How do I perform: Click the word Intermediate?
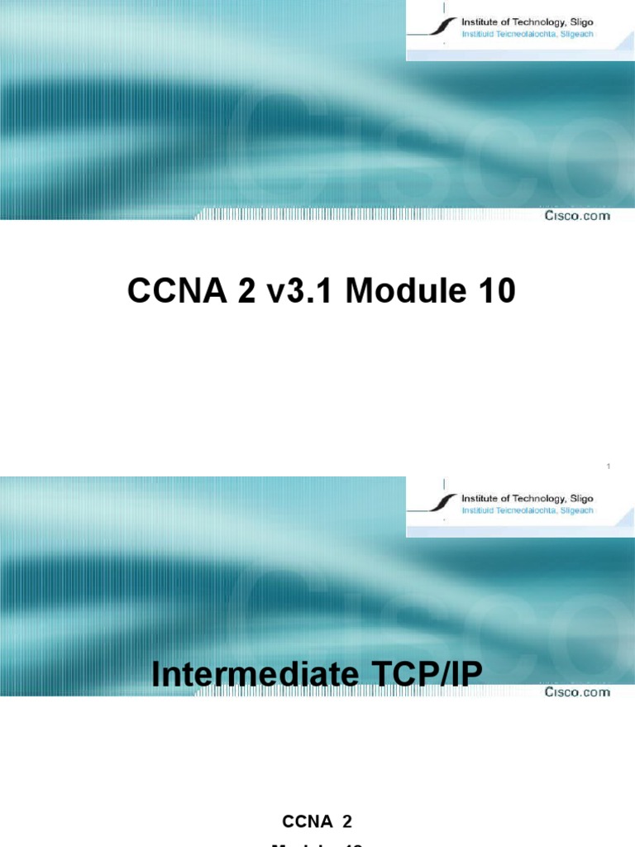coord(253,675)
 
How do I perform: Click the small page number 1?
coord(608,468)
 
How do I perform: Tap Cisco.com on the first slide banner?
coord(577,216)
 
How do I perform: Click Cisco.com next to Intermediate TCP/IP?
coord(577,692)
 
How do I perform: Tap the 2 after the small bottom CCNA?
coord(347,798)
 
